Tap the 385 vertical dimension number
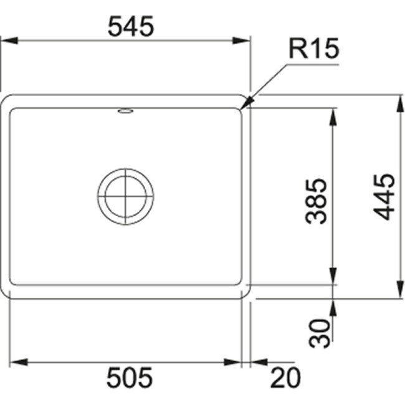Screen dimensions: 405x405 317,201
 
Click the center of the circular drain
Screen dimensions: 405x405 125,196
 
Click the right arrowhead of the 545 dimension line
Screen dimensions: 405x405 245,40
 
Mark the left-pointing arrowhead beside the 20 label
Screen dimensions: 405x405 256,362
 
